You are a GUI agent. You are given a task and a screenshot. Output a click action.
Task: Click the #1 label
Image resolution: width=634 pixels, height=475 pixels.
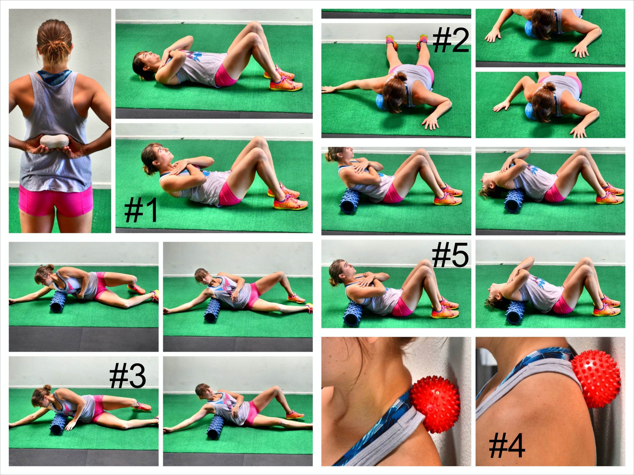click(141, 211)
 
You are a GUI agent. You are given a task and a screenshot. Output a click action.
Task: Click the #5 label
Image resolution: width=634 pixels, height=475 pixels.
click(450, 256)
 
